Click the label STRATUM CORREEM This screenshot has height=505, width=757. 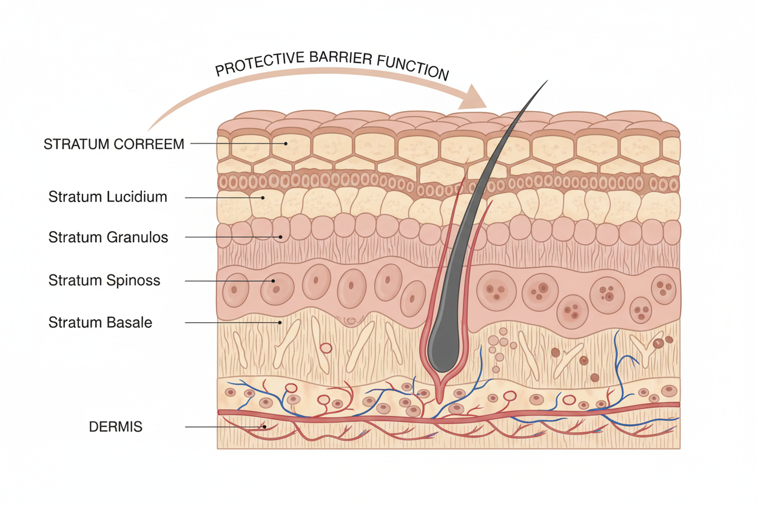pos(113,144)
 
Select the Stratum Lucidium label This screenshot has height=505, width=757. pos(107,197)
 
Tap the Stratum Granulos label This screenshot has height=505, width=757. pos(108,237)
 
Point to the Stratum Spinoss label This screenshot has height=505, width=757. pos(104,280)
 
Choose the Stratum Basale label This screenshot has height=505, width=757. pos(100,322)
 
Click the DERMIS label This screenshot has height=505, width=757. pos(115,427)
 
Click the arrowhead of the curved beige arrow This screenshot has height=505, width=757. pos(476,97)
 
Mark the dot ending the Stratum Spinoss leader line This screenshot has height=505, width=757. pos(274,281)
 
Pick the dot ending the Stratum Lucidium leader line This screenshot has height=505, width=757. pos(263,197)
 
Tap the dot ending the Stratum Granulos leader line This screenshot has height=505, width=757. pos(280,237)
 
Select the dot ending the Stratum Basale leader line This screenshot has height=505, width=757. pos(280,322)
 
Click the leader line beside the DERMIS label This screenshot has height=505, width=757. pos(224,427)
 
